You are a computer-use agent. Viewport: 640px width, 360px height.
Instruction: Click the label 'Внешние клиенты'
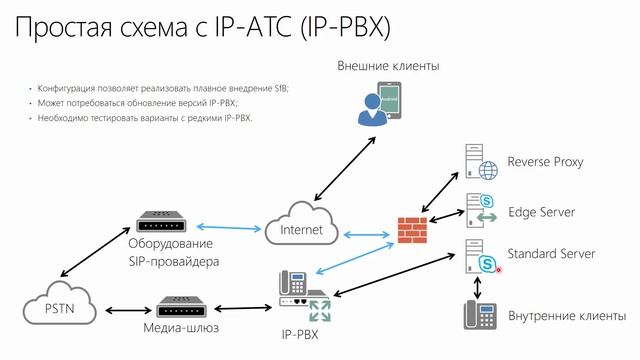click(x=389, y=66)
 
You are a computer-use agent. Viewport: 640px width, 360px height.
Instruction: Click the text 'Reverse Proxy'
click(x=545, y=162)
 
